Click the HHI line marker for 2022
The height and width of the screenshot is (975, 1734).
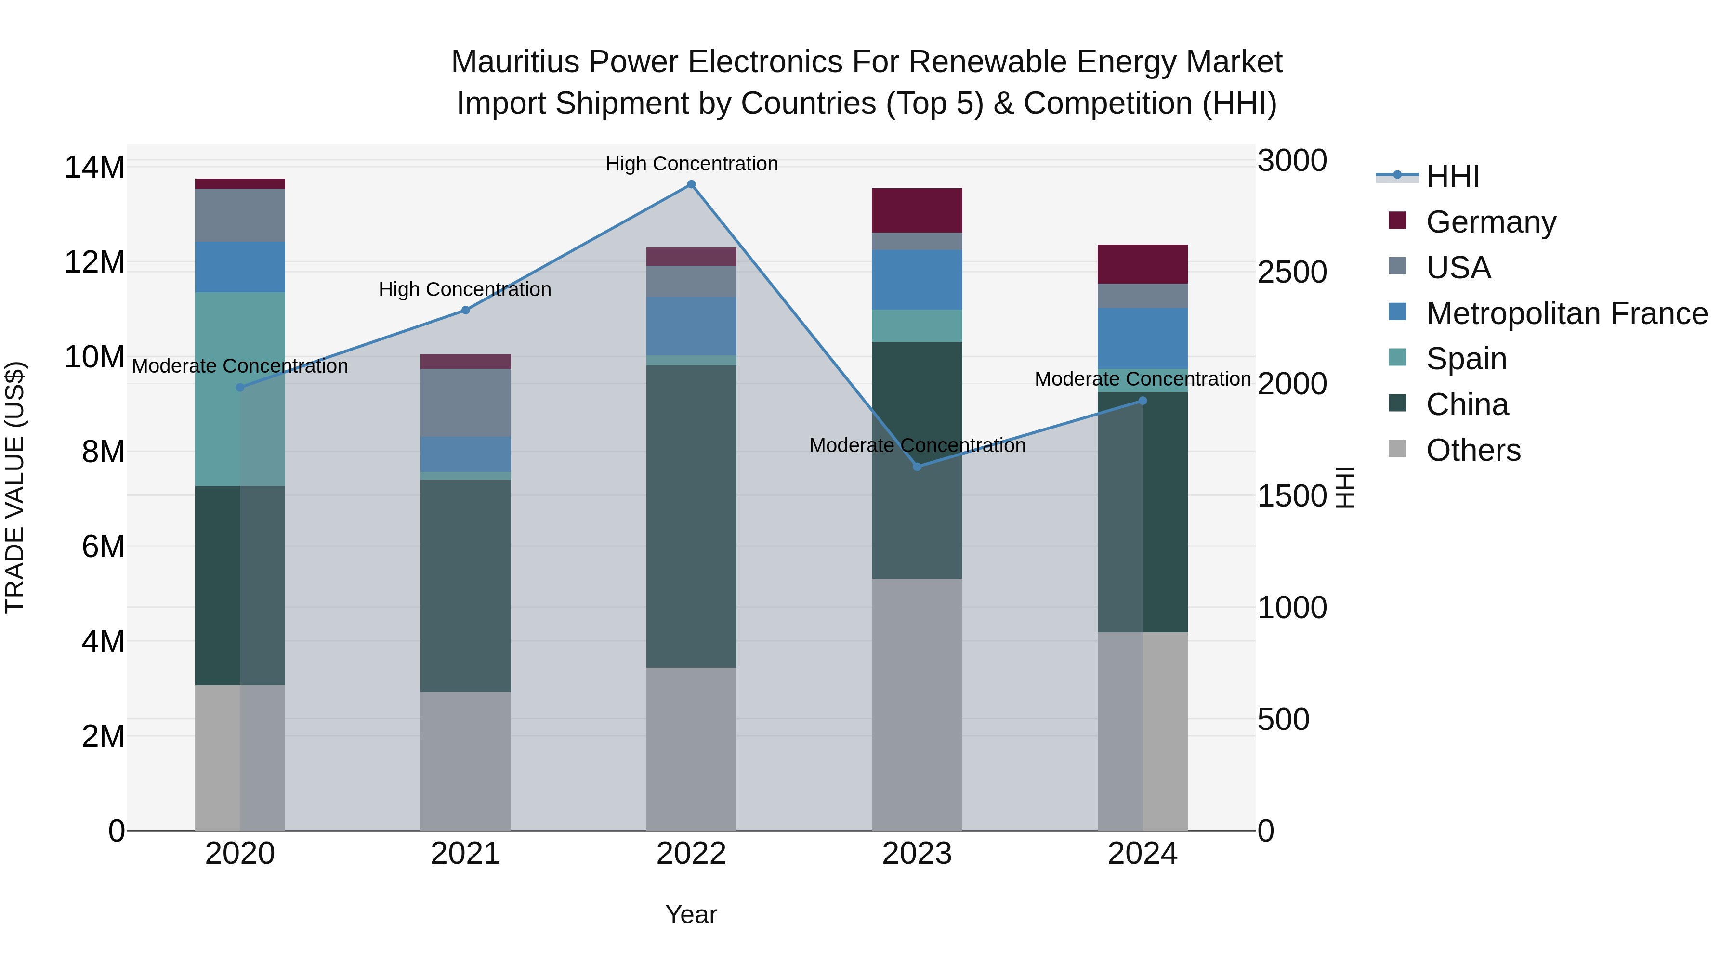click(x=691, y=184)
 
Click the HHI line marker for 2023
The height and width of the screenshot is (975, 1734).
click(x=917, y=466)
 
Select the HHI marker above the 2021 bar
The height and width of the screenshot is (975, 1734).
click(x=465, y=310)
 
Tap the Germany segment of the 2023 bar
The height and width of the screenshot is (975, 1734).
click(x=917, y=210)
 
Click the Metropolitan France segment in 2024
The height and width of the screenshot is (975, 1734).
click(x=1143, y=338)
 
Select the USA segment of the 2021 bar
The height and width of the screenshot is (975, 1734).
click(x=465, y=403)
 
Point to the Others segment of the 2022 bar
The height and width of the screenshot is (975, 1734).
click(x=691, y=748)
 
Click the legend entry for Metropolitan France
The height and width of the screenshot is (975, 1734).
click(x=1566, y=313)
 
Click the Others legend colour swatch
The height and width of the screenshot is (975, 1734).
click(x=1397, y=449)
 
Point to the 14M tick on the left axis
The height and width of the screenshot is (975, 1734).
click(x=94, y=167)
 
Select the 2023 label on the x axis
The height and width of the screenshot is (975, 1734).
click(x=917, y=854)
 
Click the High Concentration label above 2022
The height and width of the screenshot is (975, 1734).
click(x=691, y=164)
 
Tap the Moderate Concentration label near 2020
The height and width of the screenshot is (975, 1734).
click(x=240, y=366)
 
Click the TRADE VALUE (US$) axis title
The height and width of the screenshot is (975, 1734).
click(x=15, y=487)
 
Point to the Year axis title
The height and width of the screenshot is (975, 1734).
click(x=691, y=914)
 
